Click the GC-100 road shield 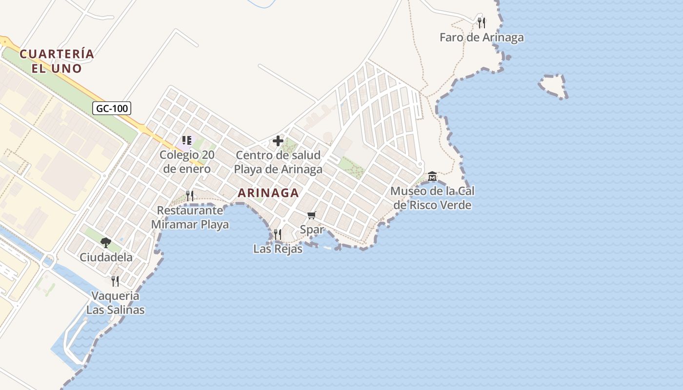point(112,108)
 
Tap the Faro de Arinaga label point(482,38)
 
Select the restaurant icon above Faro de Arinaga point(482,22)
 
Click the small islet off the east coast point(553,86)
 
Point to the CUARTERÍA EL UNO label point(57,61)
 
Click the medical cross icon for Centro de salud point(278,141)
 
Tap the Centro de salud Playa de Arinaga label point(278,162)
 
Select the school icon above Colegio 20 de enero point(186,140)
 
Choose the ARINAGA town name point(268,193)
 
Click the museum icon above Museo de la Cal point(432,176)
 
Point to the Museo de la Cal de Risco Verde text point(432,198)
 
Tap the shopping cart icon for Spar point(312,215)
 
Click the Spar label point(312,229)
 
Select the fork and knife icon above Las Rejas point(278,234)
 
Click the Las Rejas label point(278,249)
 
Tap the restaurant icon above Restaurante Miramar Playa point(190,196)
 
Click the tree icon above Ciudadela point(106,242)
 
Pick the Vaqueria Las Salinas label point(116,303)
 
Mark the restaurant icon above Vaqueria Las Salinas point(115,281)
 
